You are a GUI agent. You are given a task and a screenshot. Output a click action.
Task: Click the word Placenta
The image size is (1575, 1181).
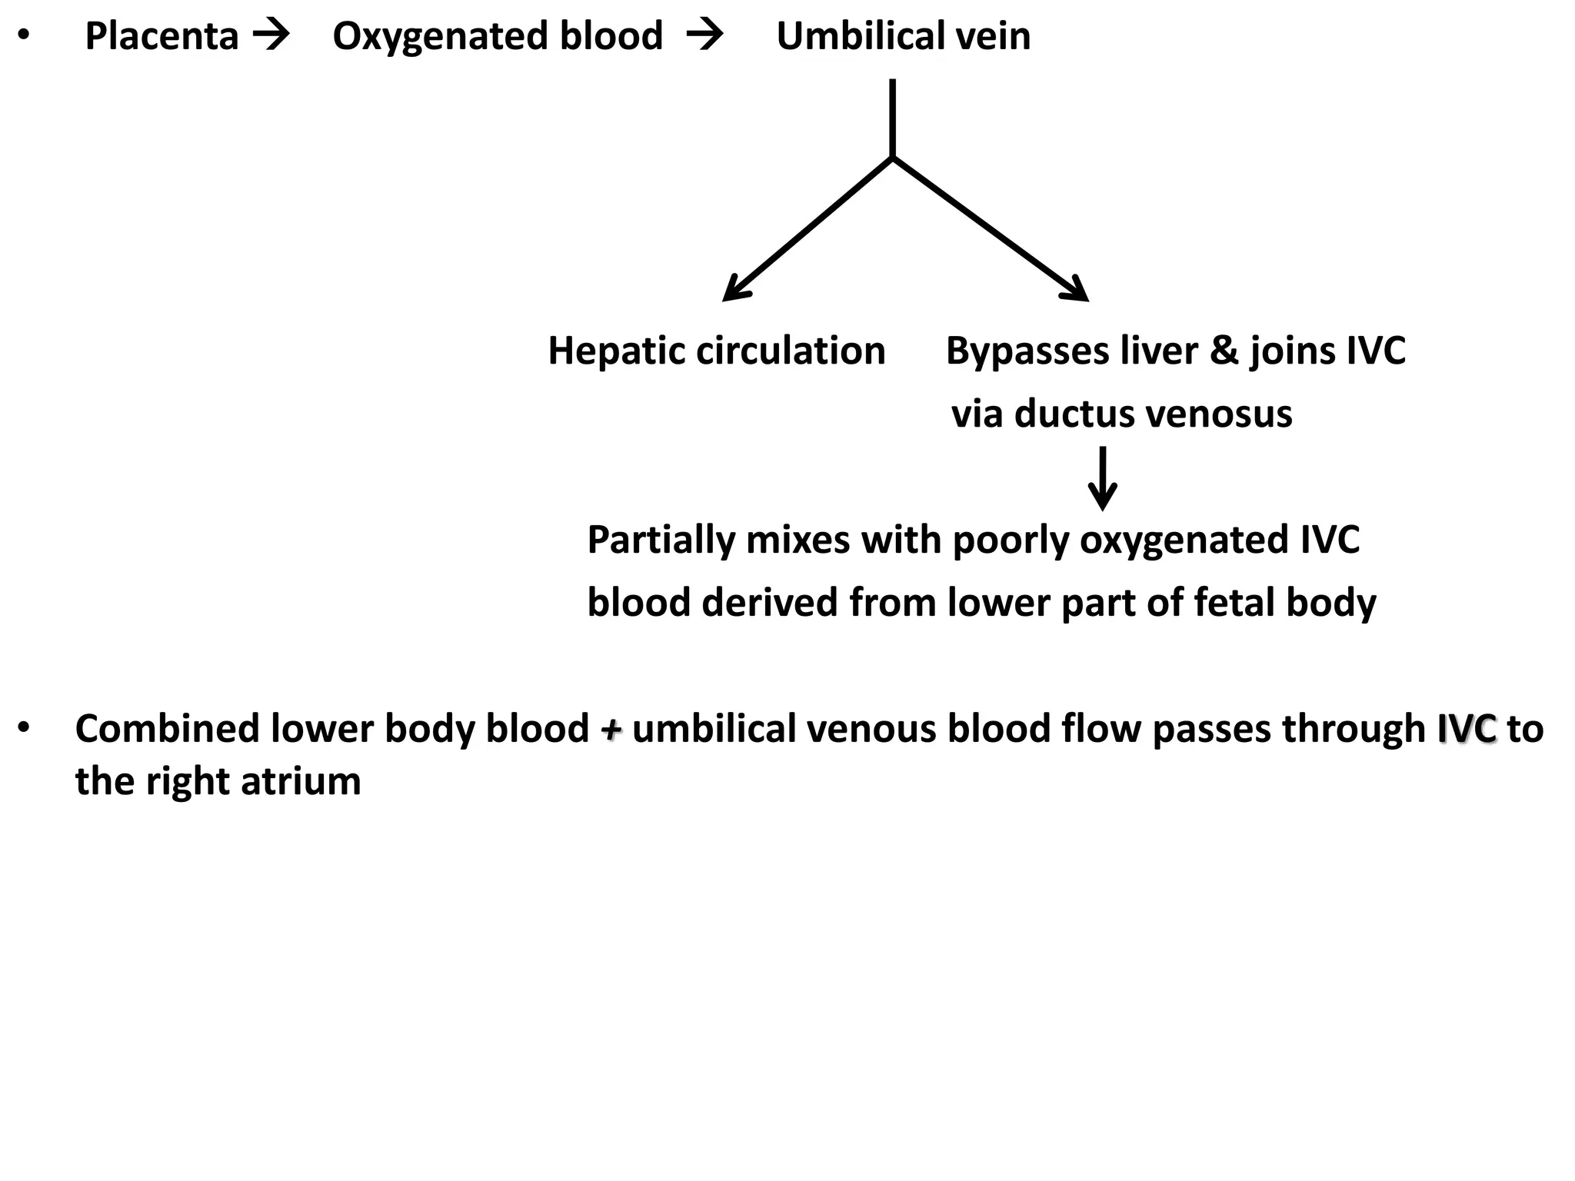pos(161,37)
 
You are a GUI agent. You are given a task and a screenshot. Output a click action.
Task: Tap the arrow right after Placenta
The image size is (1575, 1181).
pos(271,35)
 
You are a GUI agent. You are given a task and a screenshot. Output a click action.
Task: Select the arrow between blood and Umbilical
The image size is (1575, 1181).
pos(704,35)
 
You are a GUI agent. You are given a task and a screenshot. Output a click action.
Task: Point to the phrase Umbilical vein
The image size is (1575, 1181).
pos(903,37)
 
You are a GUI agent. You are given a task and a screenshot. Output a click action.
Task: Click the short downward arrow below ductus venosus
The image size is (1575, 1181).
pos(1102,480)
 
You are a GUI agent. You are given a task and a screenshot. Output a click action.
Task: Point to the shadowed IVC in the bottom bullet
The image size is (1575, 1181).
pos(1467,729)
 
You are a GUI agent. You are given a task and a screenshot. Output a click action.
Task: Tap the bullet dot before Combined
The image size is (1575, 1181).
pos(25,727)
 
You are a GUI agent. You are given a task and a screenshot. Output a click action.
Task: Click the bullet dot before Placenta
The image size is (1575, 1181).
pos(25,35)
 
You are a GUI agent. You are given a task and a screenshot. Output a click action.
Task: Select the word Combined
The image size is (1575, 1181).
pos(167,729)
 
